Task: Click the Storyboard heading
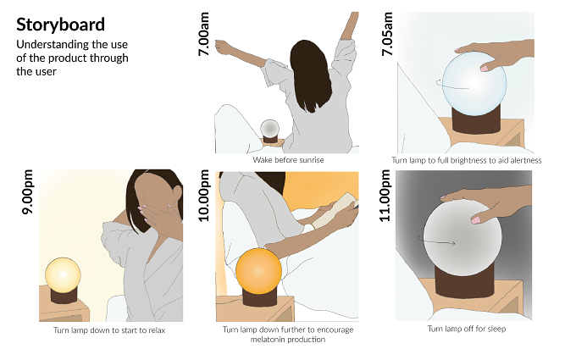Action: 60,25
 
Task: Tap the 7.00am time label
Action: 203,34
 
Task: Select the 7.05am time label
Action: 387,34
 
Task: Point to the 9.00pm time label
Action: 28,191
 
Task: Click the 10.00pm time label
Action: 203,196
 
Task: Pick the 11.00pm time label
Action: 385,196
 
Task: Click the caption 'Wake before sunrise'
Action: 288,160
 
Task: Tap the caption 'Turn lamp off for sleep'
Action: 467,329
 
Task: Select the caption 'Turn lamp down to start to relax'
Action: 109,330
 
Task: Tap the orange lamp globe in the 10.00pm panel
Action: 259,271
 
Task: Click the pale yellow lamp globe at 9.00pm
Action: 63,275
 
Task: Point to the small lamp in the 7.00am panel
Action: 270,131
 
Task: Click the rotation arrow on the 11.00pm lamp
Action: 436,241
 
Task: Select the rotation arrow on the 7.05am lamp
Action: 451,86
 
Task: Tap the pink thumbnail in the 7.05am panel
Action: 485,69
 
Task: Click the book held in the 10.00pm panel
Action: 335,210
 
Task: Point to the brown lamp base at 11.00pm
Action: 464,282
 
